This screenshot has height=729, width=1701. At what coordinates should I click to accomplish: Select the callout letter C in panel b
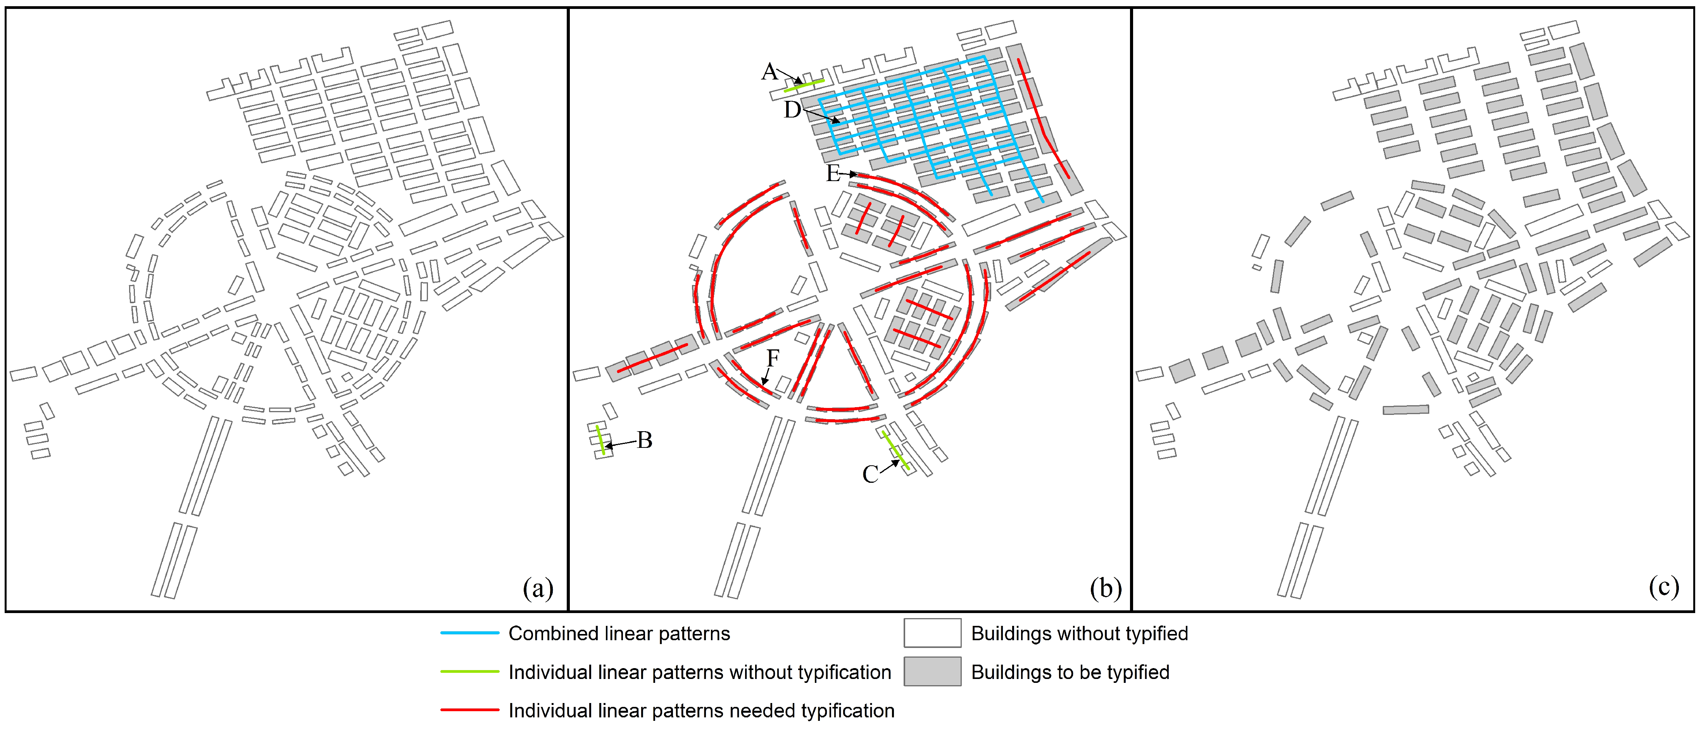click(x=870, y=474)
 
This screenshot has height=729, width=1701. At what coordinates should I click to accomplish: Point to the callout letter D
click(x=792, y=110)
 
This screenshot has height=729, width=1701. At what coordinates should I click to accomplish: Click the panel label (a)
click(x=538, y=587)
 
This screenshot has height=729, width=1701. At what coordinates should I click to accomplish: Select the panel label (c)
click(x=1663, y=587)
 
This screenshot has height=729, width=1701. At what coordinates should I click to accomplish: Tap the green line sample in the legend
click(x=469, y=672)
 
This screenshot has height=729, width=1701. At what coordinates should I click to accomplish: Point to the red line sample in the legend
click(x=469, y=710)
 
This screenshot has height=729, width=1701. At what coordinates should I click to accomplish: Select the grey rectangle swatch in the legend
click(x=932, y=672)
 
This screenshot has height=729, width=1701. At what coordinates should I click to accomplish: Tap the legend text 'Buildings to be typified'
click(x=1070, y=672)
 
